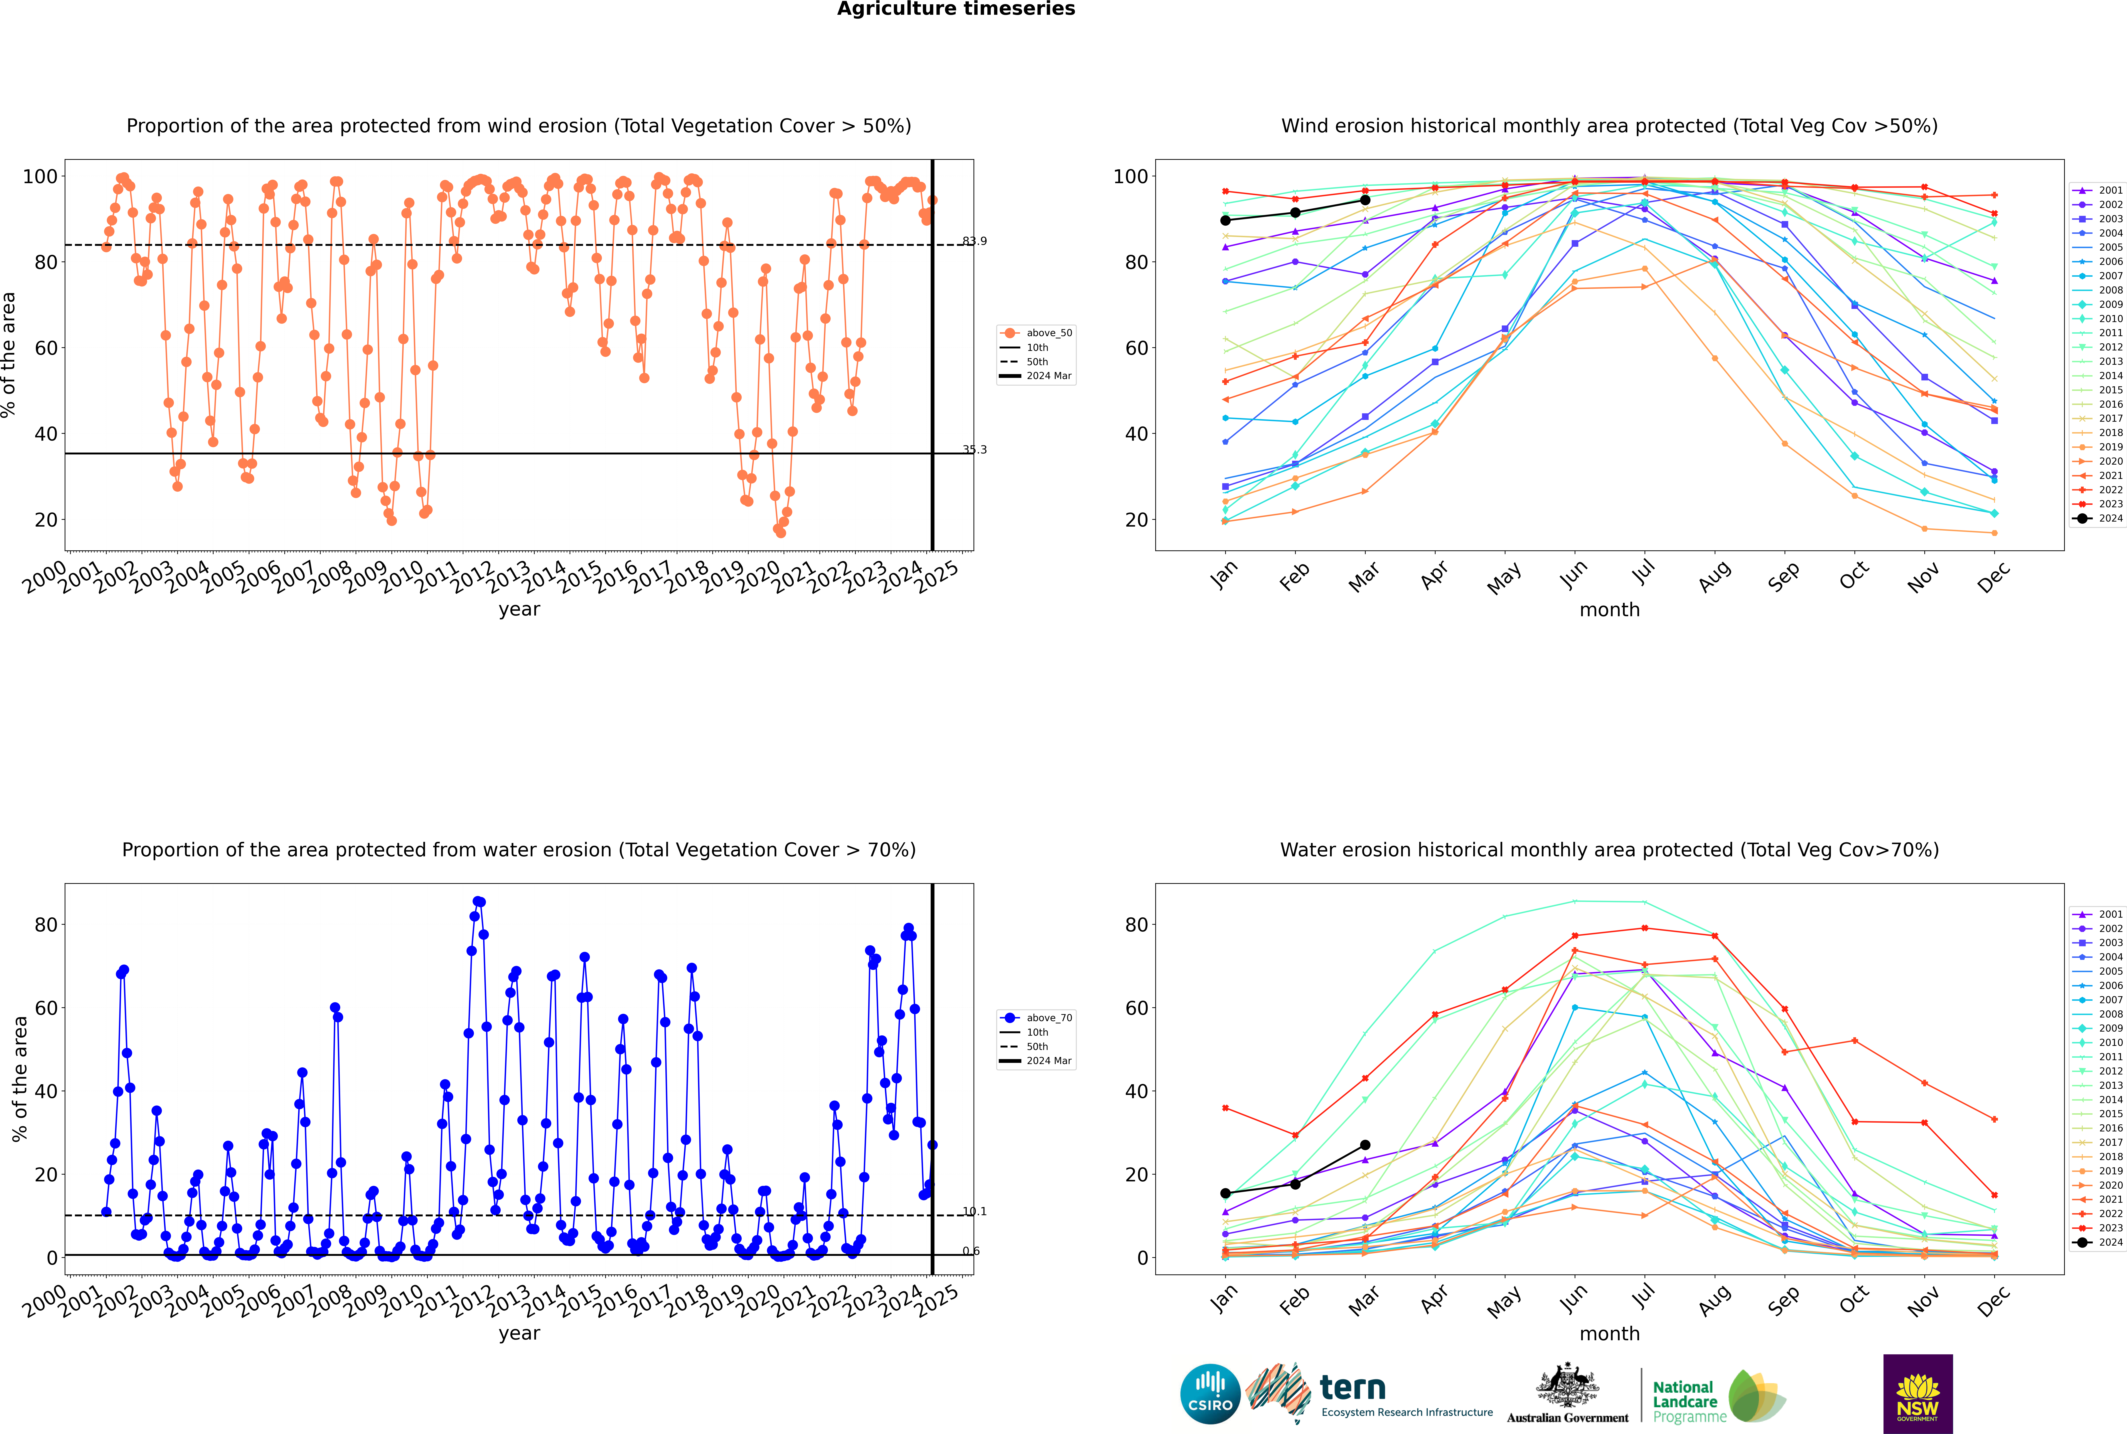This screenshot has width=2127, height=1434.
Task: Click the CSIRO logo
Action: [x=1210, y=1394]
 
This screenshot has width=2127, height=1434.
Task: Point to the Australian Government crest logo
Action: [x=1567, y=1394]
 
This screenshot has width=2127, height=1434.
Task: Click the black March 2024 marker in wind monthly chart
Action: [x=1365, y=200]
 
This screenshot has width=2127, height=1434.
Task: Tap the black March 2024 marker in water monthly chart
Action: [x=1365, y=1145]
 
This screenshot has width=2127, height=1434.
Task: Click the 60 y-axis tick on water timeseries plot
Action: [x=46, y=1008]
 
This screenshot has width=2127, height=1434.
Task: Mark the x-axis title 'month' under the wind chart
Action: [x=1609, y=610]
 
